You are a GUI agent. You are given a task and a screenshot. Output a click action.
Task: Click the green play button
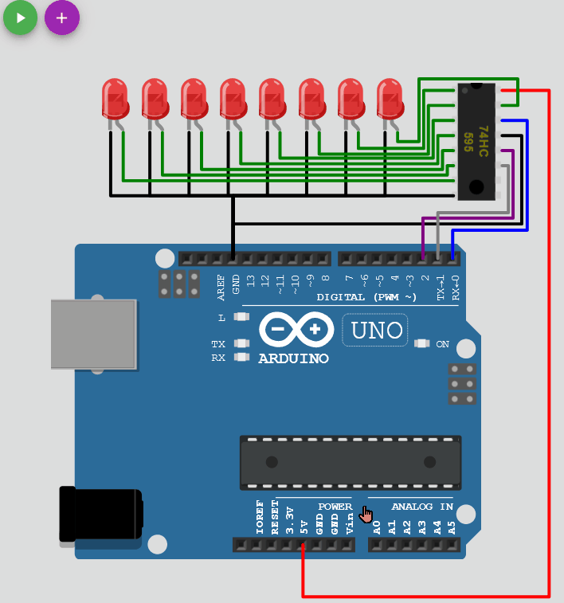[21, 18]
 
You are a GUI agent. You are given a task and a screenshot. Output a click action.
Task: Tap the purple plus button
[61, 18]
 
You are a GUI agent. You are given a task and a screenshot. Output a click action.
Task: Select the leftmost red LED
[115, 99]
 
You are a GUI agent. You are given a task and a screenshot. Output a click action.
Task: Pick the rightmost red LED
[390, 99]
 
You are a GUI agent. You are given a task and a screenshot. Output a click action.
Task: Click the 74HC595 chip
[476, 141]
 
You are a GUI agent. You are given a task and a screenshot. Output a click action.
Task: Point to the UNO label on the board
[375, 330]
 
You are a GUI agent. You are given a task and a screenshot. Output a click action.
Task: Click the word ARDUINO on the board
[293, 359]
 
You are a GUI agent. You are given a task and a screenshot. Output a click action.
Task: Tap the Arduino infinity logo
[295, 328]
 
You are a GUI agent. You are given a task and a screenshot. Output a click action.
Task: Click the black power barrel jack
[101, 515]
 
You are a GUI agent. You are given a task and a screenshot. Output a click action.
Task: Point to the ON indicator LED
[422, 344]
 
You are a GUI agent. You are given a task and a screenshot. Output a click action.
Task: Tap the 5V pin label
[304, 527]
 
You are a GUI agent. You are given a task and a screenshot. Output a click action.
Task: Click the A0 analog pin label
[377, 527]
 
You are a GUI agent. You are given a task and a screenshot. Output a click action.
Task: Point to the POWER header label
[335, 507]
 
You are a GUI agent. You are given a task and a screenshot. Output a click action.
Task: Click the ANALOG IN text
[422, 507]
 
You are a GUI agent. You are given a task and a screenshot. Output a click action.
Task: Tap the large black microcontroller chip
[351, 462]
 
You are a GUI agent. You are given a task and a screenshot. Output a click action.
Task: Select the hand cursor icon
[366, 515]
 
